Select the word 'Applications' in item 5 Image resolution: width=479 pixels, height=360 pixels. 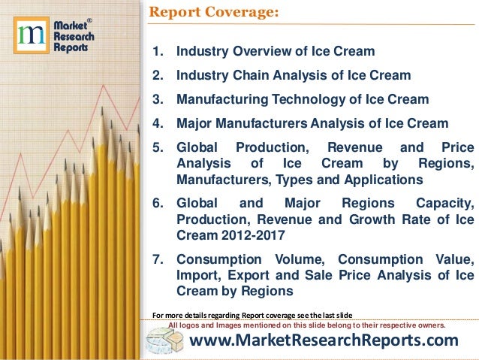coord(380,180)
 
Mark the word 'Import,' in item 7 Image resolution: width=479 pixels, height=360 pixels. coord(195,276)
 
